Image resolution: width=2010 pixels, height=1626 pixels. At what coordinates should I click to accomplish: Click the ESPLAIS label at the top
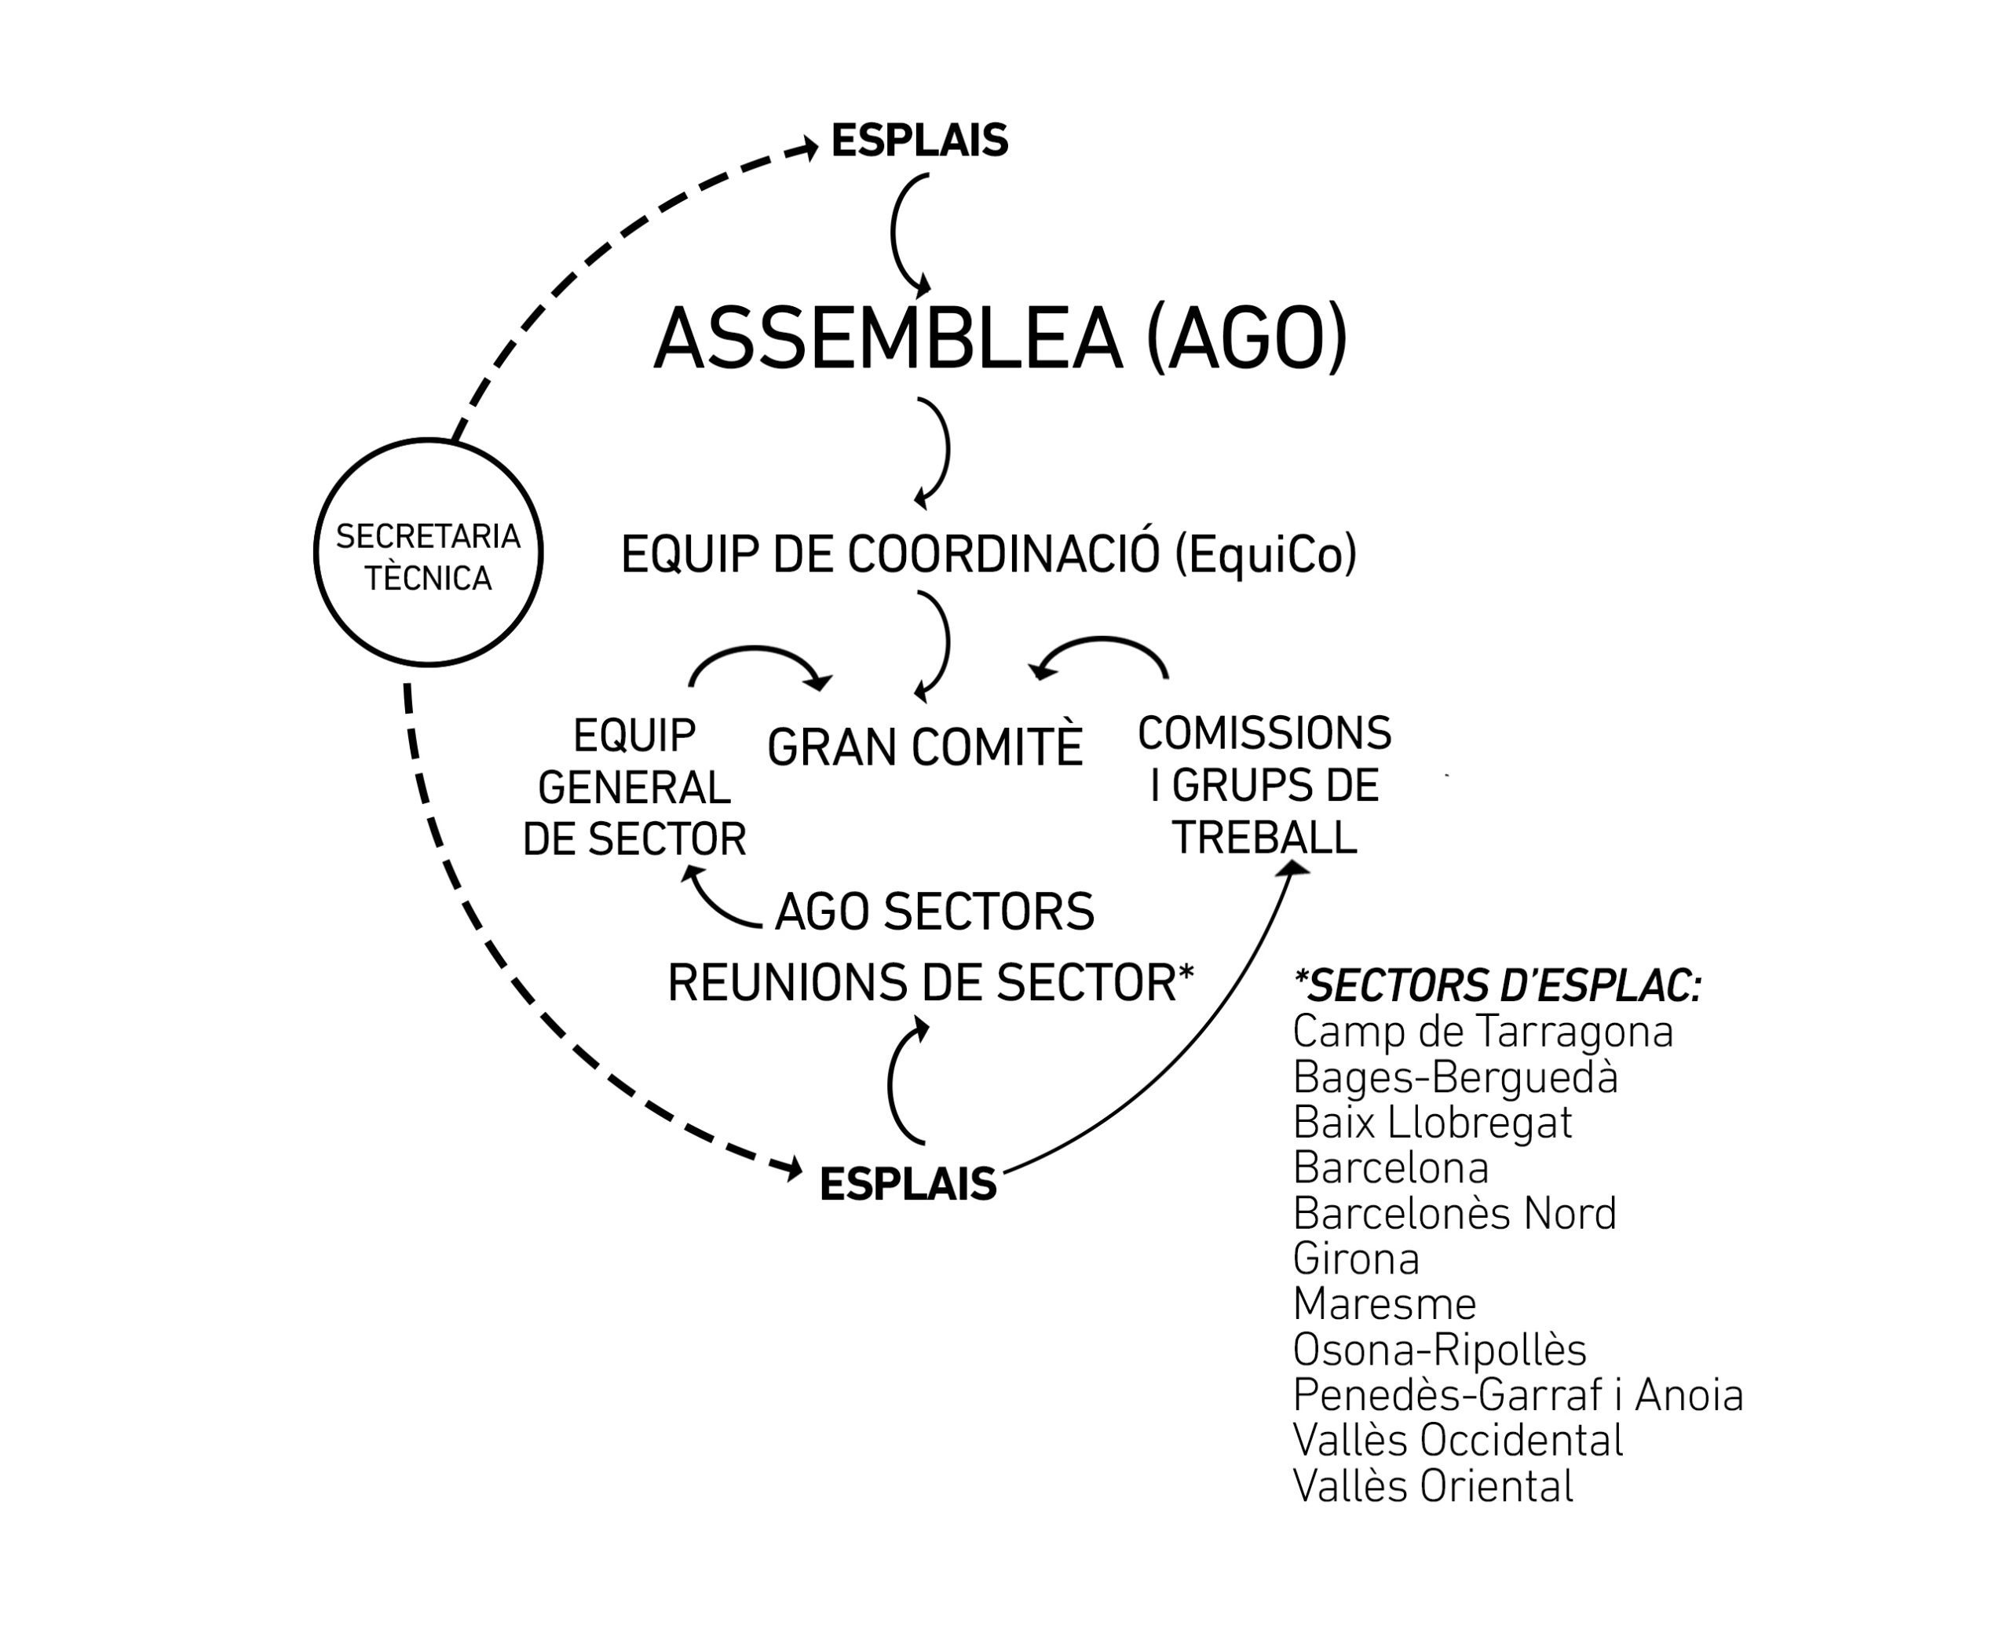(919, 141)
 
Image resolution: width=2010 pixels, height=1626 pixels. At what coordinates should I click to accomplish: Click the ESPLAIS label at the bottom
(908, 1185)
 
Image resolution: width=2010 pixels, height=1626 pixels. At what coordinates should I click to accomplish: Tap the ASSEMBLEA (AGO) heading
(1000, 339)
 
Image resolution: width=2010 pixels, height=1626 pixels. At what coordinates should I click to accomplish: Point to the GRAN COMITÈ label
(924, 747)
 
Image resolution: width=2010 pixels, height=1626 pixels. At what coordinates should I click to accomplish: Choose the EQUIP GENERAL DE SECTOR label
(634, 787)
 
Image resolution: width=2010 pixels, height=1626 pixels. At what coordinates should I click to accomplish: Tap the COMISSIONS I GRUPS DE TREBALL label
(1264, 785)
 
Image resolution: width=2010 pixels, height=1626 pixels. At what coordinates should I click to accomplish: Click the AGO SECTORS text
(935, 912)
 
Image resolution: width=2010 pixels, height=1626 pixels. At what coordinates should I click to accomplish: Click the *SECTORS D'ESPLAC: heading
(1497, 985)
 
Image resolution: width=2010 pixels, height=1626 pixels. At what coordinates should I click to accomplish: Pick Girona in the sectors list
(1355, 1258)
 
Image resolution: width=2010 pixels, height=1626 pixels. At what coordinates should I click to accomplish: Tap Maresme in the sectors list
(1384, 1303)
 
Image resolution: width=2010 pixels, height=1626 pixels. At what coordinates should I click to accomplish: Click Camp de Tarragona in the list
(1482, 1031)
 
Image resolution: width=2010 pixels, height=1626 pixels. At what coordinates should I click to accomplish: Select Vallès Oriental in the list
(1433, 1485)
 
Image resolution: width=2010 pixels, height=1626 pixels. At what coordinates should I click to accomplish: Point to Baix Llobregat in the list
(1432, 1122)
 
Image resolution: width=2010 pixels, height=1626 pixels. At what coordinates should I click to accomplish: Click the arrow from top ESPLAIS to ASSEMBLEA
(893, 234)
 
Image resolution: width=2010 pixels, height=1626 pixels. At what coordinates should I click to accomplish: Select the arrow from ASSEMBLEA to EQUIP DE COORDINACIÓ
(947, 451)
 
